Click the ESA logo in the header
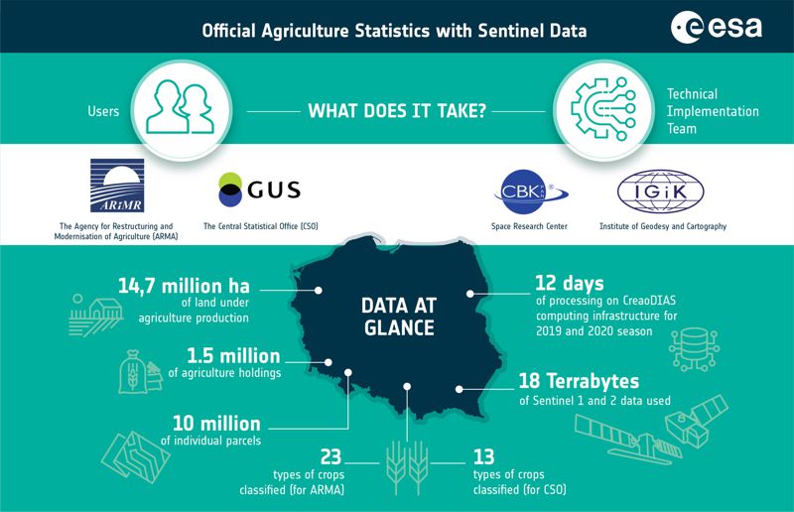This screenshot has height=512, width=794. [x=716, y=27]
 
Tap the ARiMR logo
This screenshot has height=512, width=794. [x=117, y=186]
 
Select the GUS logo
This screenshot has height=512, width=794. [x=259, y=190]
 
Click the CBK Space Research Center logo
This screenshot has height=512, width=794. [x=531, y=192]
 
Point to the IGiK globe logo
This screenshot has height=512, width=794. [x=660, y=192]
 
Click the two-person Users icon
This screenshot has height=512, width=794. [x=180, y=107]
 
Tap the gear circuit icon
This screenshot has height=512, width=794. [x=603, y=109]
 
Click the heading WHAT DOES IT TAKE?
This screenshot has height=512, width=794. [x=397, y=111]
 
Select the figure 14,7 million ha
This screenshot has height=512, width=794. [x=184, y=286]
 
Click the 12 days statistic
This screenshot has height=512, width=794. [x=570, y=284]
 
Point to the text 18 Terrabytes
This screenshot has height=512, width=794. [x=579, y=381]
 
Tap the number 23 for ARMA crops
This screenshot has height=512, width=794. [x=331, y=457]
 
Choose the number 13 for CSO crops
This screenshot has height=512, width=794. [x=483, y=457]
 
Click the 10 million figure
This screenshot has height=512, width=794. [x=216, y=424]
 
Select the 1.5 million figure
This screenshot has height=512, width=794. [x=233, y=356]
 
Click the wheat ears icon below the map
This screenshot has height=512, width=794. [x=407, y=467]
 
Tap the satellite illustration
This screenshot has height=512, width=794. [x=652, y=430]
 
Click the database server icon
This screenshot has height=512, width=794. [x=694, y=349]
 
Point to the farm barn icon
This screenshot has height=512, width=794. [x=95, y=315]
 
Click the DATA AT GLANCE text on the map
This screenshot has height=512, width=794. [x=399, y=317]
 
